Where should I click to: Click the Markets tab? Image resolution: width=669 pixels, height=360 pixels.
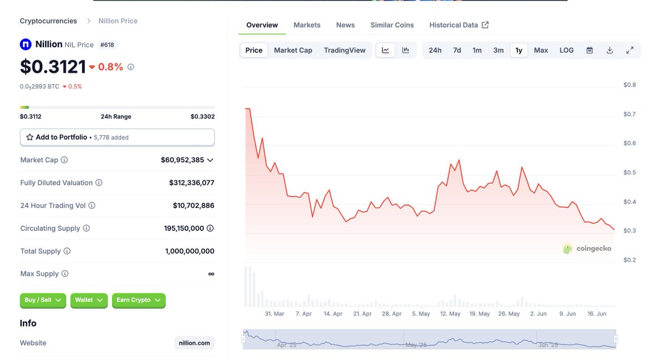point(307,25)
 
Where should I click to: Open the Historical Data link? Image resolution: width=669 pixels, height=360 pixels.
point(458,25)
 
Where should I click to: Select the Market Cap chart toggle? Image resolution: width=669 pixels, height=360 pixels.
point(293,50)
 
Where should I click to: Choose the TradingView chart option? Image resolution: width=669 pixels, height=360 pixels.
point(345,50)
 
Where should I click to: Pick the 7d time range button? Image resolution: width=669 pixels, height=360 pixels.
point(457,50)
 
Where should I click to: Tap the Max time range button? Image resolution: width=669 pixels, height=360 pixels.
point(541,50)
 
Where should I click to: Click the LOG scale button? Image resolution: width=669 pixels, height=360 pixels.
point(566,50)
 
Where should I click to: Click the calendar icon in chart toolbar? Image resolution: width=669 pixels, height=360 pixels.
point(589,50)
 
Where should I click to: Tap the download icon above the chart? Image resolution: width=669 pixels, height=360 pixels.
point(609,50)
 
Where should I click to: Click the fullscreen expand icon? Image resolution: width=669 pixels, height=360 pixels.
point(629,50)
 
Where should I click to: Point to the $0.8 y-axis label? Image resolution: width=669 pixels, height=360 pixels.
point(629,85)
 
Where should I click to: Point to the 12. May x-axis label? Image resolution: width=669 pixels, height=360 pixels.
point(450,314)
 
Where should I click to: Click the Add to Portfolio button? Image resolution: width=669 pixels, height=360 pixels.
point(117,137)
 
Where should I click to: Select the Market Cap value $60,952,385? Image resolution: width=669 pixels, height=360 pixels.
point(182,160)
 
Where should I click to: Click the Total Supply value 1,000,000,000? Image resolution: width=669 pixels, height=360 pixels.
point(190,251)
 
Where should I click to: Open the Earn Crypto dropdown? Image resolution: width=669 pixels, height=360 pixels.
point(138,300)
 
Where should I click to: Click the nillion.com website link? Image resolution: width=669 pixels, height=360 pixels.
point(194,343)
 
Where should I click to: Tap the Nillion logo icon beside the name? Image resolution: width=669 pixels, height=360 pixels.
point(26,45)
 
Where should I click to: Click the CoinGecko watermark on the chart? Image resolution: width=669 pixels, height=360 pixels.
point(586,249)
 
